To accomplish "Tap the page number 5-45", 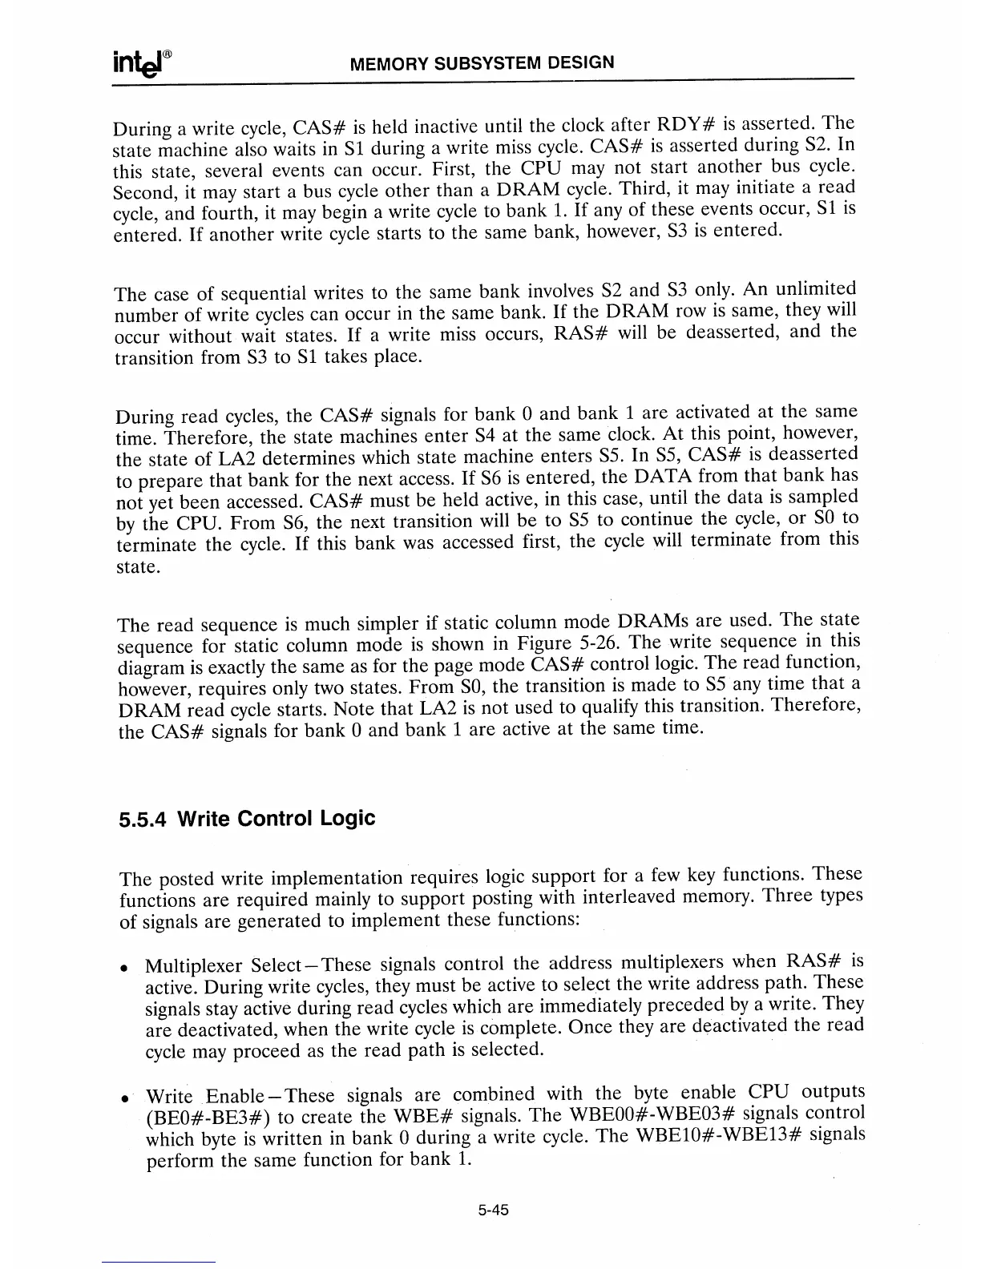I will (490, 1211).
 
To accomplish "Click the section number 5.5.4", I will (143, 820).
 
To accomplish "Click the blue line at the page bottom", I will (159, 1263).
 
